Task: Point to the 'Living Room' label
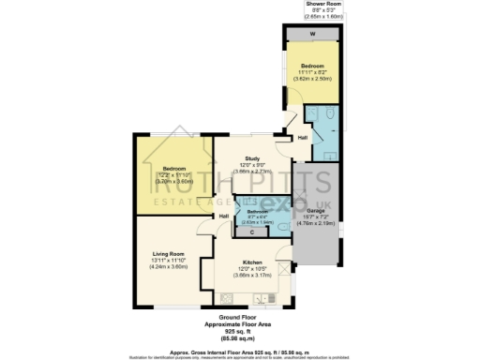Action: point(169,253)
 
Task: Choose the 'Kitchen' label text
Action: point(252,262)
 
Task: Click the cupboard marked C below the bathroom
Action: point(252,231)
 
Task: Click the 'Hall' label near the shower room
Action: point(303,138)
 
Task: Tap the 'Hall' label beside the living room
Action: point(224,217)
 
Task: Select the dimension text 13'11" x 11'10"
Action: point(169,260)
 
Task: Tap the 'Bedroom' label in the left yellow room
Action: point(173,169)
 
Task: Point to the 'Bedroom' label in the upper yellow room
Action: point(311,66)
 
